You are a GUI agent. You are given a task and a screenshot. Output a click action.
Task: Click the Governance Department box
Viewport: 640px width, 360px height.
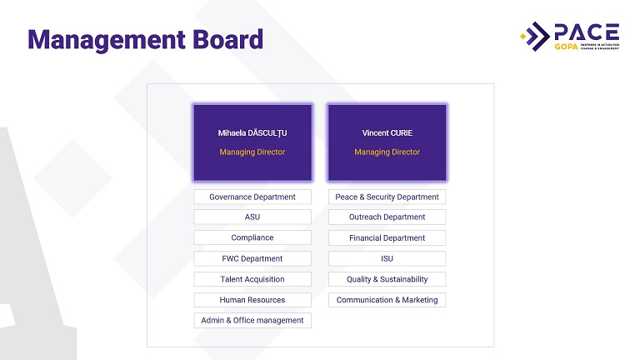click(252, 197)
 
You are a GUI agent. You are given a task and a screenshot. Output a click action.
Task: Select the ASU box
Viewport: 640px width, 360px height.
click(252, 217)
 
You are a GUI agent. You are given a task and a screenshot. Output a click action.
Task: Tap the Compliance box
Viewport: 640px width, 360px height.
click(252, 237)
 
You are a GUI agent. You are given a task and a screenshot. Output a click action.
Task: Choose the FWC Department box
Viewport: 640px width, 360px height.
click(252, 258)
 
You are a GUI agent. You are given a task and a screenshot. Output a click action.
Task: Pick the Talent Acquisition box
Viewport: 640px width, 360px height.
click(252, 279)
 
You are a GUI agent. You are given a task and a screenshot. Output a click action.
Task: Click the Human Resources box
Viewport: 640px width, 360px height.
click(252, 300)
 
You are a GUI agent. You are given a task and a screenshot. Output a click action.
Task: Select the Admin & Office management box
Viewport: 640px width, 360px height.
click(252, 320)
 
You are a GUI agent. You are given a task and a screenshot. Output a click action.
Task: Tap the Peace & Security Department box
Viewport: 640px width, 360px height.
click(387, 197)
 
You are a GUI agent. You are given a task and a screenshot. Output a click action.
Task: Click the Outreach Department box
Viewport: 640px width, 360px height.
click(387, 217)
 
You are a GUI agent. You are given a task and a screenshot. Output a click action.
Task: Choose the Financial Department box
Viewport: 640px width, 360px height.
click(387, 237)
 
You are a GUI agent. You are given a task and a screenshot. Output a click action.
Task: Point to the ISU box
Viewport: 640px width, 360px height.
click(387, 258)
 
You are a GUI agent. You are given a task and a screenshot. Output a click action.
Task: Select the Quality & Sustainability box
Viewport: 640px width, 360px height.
click(387, 279)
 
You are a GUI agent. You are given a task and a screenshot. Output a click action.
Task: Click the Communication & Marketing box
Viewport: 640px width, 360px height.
click(387, 300)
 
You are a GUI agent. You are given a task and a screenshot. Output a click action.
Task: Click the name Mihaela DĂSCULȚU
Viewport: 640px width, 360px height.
click(252, 133)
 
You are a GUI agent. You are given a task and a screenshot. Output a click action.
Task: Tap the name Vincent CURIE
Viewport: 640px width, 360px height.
click(387, 133)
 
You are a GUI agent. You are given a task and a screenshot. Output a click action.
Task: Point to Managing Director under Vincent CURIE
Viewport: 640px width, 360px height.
click(387, 152)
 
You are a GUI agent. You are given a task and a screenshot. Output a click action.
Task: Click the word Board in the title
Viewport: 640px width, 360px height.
click(227, 40)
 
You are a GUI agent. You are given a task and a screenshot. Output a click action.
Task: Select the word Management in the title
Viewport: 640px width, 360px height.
click(107, 41)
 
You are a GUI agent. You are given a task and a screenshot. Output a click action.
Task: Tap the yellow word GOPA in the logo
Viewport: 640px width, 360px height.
click(566, 47)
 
